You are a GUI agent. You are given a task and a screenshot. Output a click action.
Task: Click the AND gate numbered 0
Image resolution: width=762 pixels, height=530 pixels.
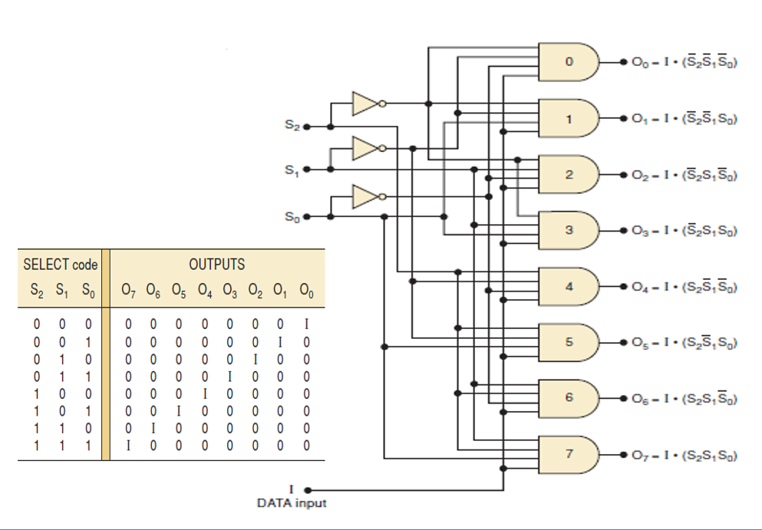(x=569, y=62)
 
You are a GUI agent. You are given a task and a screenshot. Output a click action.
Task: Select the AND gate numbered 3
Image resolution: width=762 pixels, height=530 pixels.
(x=569, y=230)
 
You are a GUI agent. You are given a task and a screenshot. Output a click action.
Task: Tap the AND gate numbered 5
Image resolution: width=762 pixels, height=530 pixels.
(x=569, y=342)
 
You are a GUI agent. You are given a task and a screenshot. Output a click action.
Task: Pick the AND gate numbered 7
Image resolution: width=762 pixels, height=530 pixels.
(x=569, y=454)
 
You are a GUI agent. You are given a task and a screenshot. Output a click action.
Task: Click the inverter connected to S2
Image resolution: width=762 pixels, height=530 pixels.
(x=366, y=103)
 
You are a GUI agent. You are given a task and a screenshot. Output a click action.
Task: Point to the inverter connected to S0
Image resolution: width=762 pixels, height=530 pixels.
(x=366, y=197)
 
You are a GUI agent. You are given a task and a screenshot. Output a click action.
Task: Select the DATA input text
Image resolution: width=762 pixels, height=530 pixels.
(x=292, y=503)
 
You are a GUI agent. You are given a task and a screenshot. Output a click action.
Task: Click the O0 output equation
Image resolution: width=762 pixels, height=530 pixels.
(x=684, y=63)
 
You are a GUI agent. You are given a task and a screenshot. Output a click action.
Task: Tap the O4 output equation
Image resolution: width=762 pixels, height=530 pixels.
(x=684, y=287)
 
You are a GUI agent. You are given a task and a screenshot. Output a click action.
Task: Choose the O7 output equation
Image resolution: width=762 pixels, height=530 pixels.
(x=684, y=455)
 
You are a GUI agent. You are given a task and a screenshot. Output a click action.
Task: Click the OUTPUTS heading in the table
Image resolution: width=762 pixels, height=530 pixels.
(x=217, y=265)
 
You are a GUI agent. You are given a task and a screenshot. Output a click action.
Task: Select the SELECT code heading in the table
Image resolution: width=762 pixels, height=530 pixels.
(x=61, y=265)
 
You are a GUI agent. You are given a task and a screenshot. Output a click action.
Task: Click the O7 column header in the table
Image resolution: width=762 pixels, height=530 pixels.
(x=129, y=291)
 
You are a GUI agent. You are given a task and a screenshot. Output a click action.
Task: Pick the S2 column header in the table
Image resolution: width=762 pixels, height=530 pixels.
(x=36, y=291)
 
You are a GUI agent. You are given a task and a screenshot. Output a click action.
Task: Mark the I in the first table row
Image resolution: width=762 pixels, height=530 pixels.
(x=306, y=324)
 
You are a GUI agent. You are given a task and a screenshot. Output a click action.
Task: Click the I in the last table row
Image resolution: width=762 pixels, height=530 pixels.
(x=129, y=444)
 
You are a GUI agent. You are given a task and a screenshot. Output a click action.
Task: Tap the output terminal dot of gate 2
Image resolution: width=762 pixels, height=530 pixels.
(x=622, y=175)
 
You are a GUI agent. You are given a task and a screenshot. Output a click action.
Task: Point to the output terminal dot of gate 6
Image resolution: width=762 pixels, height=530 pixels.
(x=622, y=399)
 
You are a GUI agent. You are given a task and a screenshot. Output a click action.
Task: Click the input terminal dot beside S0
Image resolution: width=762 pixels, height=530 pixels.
(x=306, y=217)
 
